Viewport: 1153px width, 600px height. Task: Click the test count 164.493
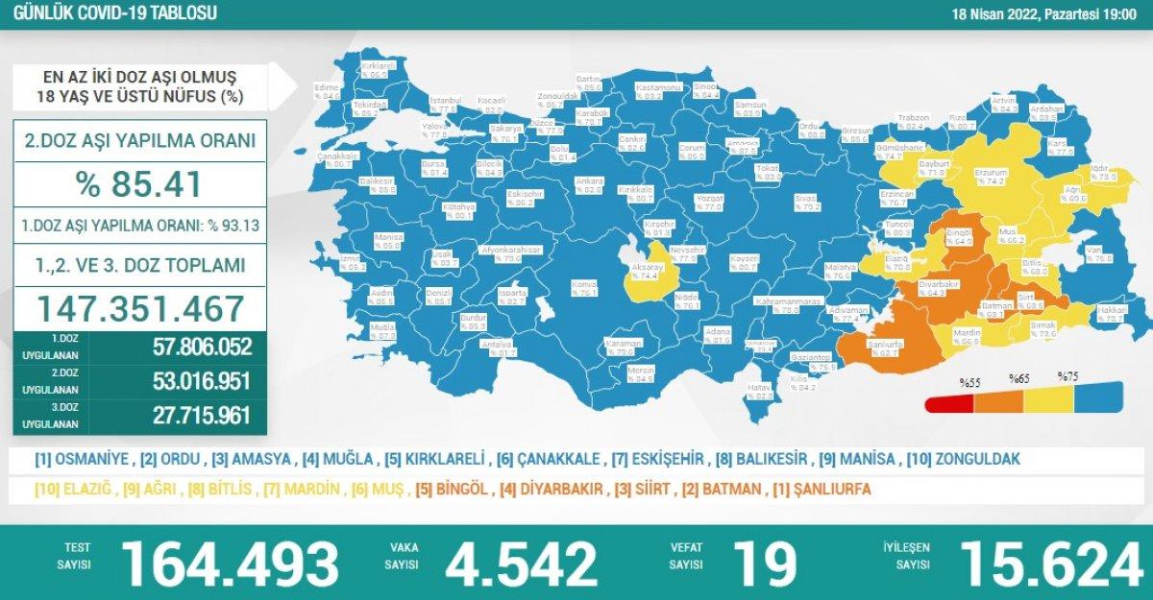click(x=230, y=563)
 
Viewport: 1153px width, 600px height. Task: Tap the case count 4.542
click(x=515, y=563)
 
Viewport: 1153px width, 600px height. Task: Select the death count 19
click(x=764, y=563)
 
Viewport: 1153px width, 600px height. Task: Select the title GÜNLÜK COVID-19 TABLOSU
click(x=110, y=13)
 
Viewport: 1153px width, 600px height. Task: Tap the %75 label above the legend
click(x=1067, y=376)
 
